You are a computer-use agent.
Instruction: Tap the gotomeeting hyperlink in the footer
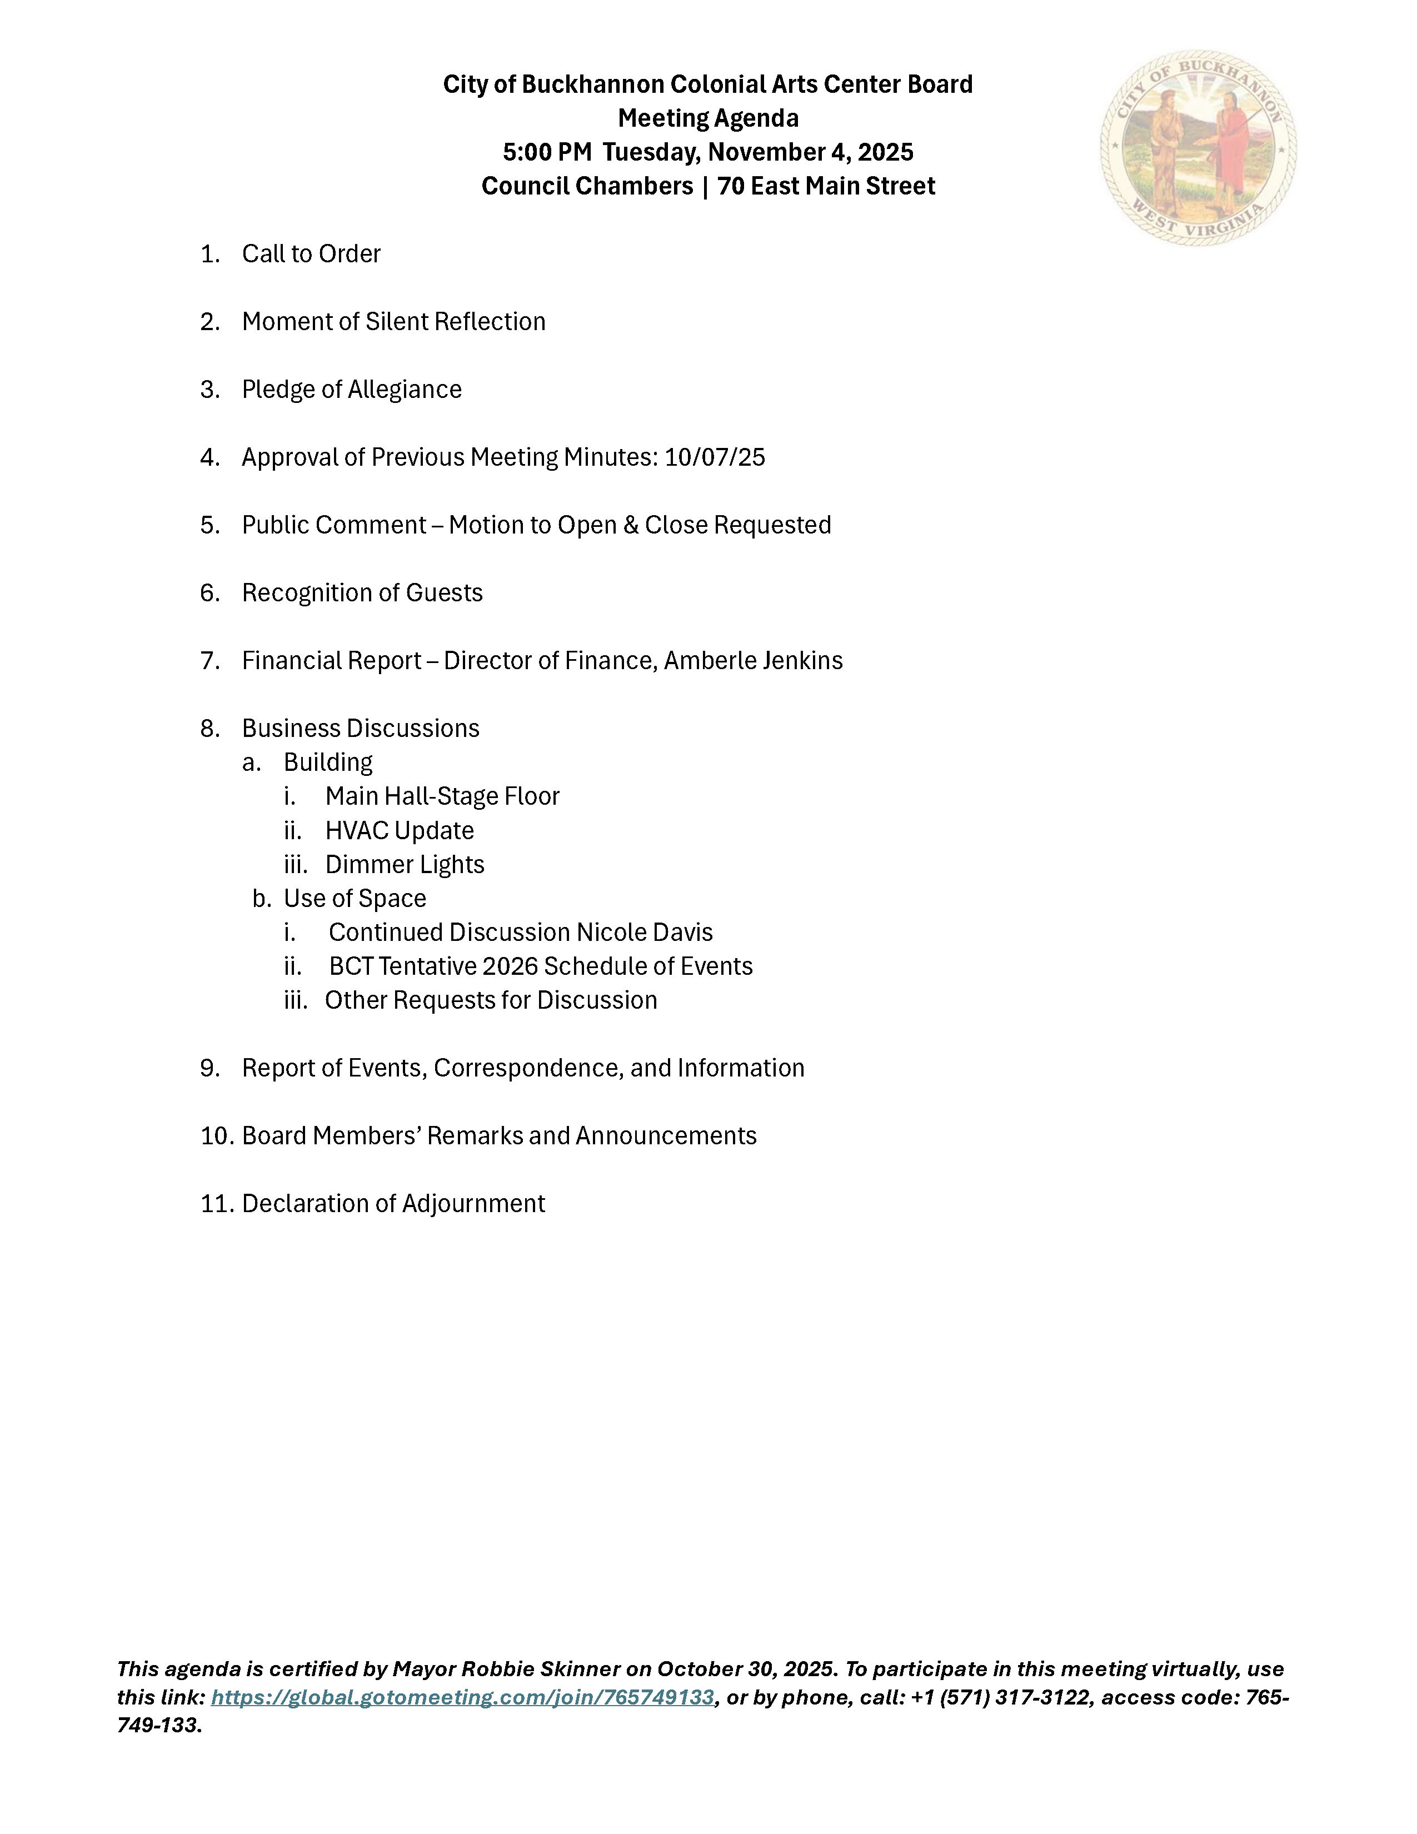462,1697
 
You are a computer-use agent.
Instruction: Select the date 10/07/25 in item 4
715,457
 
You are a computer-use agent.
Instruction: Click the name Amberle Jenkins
753,661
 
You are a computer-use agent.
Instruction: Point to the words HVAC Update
400,830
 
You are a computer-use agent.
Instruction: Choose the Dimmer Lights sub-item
405,864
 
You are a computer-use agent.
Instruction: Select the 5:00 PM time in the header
547,152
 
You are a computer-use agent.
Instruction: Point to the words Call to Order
311,253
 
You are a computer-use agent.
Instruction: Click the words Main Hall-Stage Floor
442,796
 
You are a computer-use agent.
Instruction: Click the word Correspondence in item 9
528,1068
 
